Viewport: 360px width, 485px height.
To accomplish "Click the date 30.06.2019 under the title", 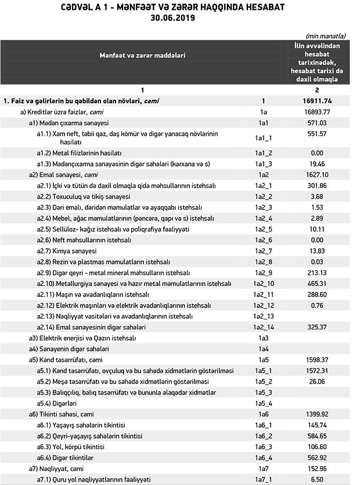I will click(180, 18).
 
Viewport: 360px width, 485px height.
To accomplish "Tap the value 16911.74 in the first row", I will click(316, 100).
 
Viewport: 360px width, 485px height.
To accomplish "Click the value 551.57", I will click(316, 134).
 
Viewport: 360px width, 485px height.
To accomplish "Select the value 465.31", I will click(316, 284).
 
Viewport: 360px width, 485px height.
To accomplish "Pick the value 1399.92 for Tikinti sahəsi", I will click(316, 414).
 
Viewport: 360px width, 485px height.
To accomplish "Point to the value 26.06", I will click(316, 382).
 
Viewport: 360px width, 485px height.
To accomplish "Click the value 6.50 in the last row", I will click(316, 479).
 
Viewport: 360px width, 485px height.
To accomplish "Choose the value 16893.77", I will click(316, 111).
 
